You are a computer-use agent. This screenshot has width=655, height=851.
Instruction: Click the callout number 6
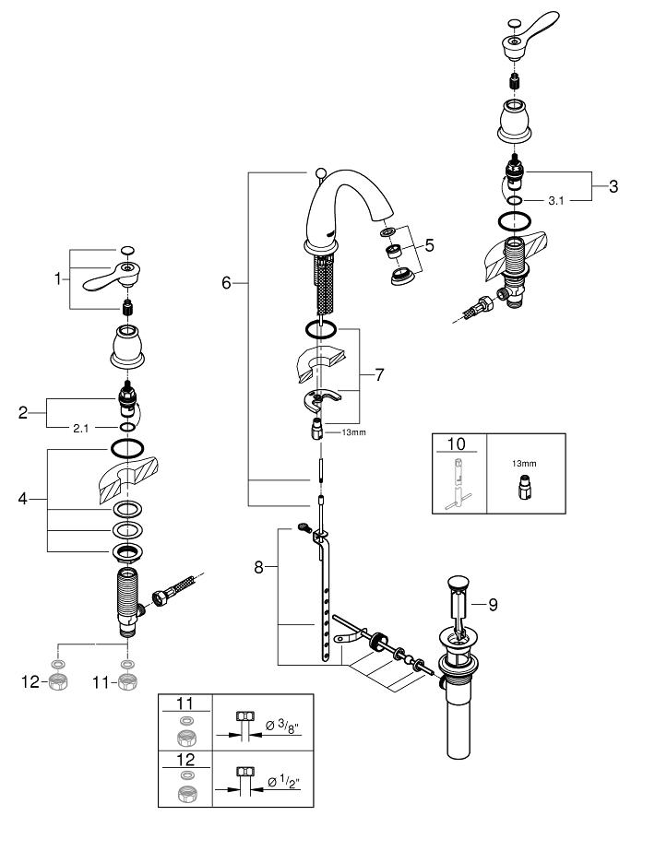pyautogui.click(x=226, y=284)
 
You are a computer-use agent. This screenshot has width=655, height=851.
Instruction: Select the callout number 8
pyautogui.click(x=259, y=569)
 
